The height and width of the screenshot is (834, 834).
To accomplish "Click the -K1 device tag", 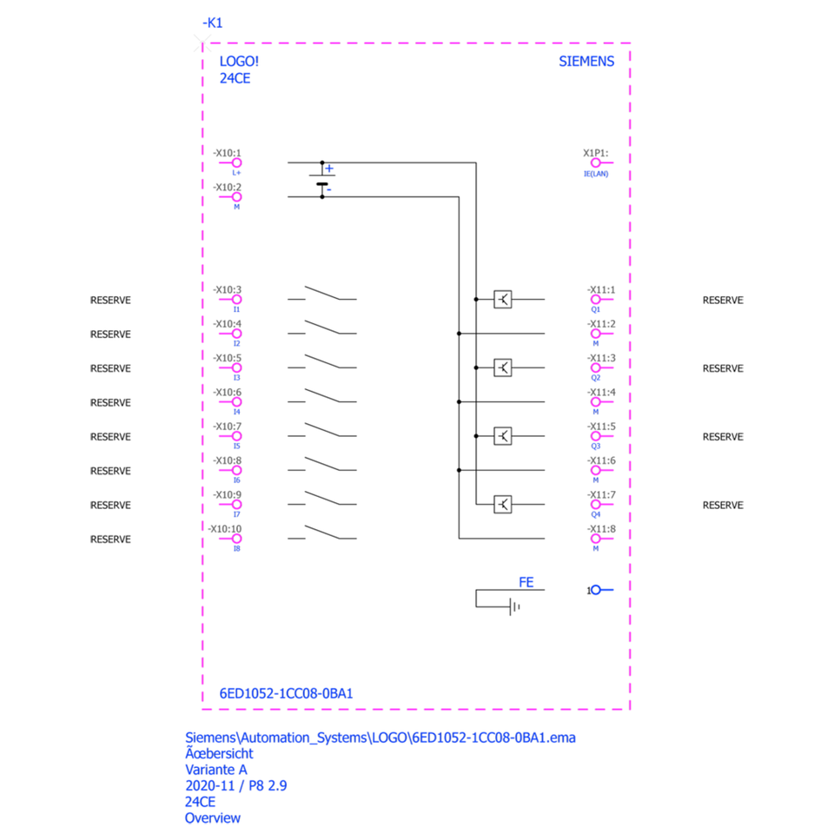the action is click(x=212, y=23).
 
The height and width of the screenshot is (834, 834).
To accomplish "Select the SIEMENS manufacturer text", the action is click(x=586, y=62).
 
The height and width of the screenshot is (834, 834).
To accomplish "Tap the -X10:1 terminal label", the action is click(x=227, y=153).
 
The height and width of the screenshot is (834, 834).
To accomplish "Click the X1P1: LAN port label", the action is click(x=596, y=153).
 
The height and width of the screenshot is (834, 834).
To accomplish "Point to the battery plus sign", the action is click(x=329, y=169).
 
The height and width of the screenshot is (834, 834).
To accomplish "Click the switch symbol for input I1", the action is click(x=321, y=293).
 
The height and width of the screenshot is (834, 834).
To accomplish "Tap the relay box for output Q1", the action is click(x=502, y=300).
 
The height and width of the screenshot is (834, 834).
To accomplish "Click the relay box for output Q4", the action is click(x=502, y=505).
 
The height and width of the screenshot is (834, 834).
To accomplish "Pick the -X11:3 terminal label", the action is click(x=600, y=358).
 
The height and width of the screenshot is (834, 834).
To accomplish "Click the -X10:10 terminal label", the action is click(x=224, y=528).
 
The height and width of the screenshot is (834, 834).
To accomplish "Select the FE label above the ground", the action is click(x=526, y=582).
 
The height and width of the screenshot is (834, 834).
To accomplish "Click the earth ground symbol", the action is click(x=513, y=606).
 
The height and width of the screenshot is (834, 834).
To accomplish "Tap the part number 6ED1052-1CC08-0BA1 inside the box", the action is click(x=286, y=693).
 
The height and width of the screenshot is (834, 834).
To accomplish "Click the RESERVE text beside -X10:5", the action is click(x=110, y=368).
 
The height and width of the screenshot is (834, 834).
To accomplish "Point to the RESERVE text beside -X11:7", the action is click(x=723, y=505).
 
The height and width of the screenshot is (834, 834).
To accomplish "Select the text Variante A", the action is click(x=216, y=770).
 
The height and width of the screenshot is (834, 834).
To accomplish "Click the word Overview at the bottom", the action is click(x=212, y=817).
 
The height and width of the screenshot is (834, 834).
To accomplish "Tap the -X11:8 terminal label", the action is click(x=600, y=528).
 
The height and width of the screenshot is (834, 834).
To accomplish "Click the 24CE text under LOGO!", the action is click(x=235, y=78).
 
